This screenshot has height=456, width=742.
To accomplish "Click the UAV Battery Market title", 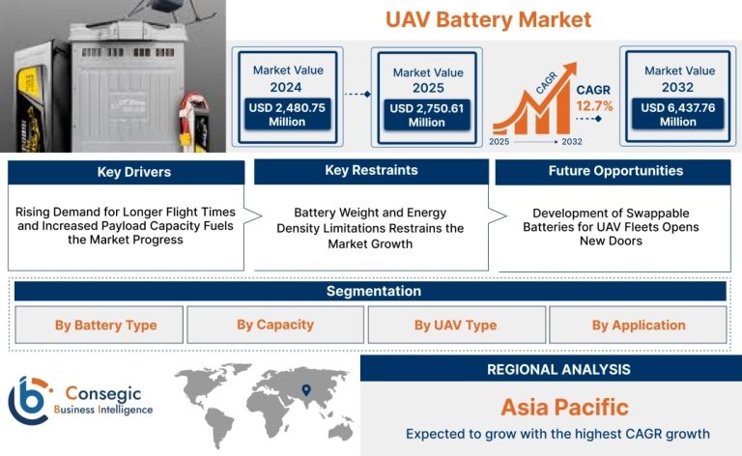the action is [488, 20].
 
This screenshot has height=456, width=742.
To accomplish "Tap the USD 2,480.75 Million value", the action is [287, 114].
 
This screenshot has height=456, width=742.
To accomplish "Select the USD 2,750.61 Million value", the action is [427, 115].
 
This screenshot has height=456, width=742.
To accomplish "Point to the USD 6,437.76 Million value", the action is [678, 114].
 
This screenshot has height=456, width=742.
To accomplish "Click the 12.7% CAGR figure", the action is [594, 106].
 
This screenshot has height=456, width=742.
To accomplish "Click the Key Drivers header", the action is [134, 172].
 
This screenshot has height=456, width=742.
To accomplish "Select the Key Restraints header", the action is [371, 170].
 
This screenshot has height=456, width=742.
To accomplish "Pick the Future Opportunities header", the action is [615, 171].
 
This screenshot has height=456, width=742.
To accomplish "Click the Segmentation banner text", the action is [374, 291].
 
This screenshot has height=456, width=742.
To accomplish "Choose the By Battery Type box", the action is [99, 325].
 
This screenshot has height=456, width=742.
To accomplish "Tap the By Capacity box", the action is [275, 325].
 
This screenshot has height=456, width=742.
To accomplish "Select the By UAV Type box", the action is [457, 325].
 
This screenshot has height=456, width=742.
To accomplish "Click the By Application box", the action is [638, 325].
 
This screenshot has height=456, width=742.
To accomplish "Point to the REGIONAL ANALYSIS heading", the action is [558, 369].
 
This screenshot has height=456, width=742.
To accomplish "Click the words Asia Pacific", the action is [565, 408].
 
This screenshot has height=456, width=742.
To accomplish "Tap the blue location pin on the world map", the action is [306, 389].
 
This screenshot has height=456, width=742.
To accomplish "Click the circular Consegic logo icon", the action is [29, 401].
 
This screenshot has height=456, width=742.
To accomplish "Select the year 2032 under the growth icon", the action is [572, 141].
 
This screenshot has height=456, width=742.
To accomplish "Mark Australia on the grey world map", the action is [341, 432].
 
